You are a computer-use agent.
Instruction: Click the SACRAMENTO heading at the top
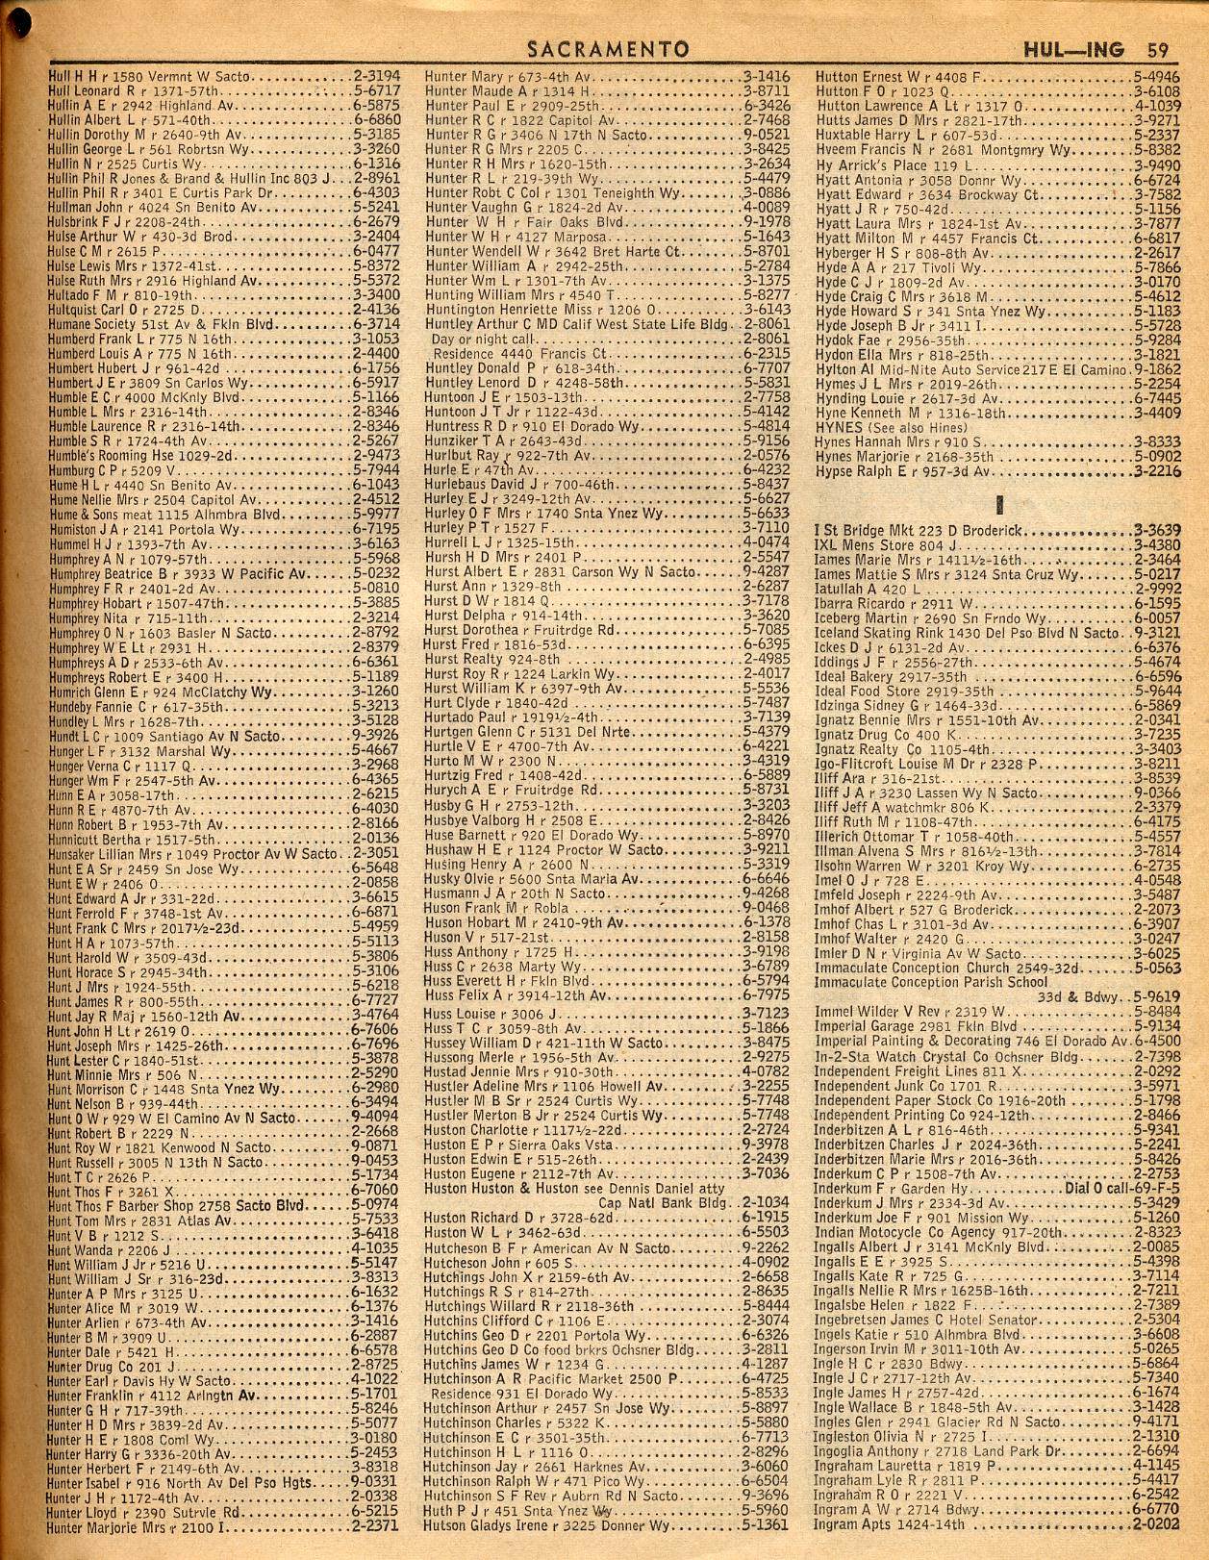tap(608, 49)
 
